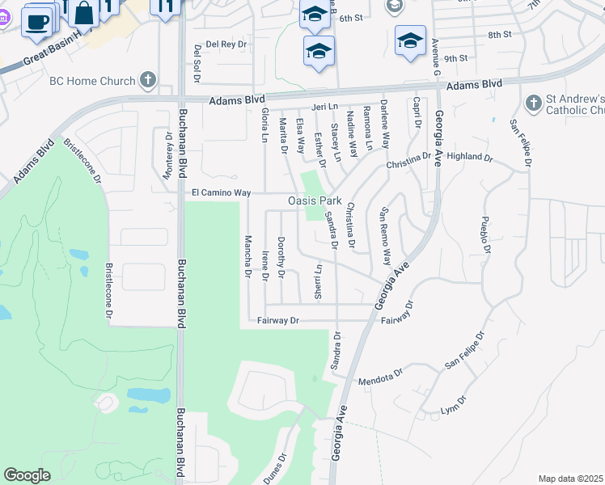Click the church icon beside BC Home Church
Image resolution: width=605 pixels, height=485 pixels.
pyautogui.click(x=146, y=80)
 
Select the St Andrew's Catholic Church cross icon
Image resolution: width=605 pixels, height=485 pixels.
pyautogui.click(x=532, y=103)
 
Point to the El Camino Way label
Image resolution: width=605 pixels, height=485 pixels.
pyautogui.click(x=221, y=193)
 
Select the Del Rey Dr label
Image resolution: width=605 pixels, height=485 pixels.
pyautogui.click(x=225, y=44)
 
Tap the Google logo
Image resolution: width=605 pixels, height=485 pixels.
pyautogui.click(x=27, y=475)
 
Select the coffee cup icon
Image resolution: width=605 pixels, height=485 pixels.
pyautogui.click(x=36, y=22)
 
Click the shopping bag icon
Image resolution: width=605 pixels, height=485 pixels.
pyautogui.click(x=84, y=13)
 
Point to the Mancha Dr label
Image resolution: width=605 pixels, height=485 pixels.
pyautogui.click(x=247, y=255)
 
